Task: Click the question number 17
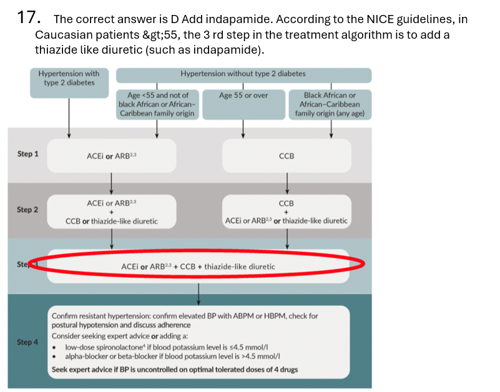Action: coord(28,17)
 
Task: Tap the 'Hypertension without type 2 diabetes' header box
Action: coord(243,74)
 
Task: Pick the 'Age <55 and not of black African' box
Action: coord(157,104)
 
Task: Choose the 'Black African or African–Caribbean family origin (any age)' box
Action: coord(330,104)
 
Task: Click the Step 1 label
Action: coord(27,154)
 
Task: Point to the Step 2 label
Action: coord(27,210)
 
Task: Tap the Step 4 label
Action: coord(27,342)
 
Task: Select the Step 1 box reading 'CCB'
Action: coord(287,156)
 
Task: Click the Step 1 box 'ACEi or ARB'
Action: coord(111,156)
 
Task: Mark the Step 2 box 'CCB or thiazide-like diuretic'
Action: coord(111,212)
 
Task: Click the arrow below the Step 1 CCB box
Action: coord(287,183)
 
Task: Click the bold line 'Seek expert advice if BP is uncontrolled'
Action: coord(174,369)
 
